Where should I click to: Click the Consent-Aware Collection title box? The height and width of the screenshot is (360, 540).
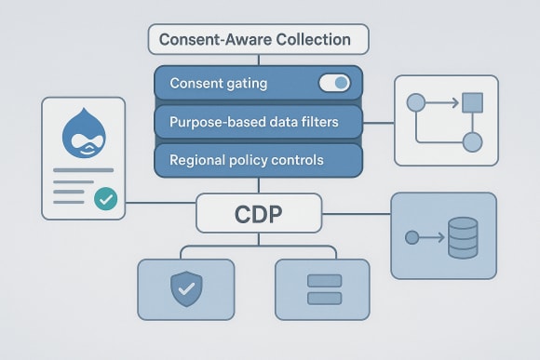259,40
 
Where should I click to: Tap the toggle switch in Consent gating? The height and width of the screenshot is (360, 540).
334,84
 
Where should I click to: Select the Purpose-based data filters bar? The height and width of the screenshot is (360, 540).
258,122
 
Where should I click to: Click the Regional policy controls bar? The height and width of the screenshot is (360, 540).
258,160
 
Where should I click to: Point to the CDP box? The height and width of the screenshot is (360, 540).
258,213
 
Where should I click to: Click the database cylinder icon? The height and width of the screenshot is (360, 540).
462,237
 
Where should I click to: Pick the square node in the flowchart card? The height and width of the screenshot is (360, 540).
472,101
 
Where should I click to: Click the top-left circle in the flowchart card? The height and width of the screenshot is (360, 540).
415,101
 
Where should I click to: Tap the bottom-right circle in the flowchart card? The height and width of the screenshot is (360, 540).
472,142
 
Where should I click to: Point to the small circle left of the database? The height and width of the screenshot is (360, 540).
412,238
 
